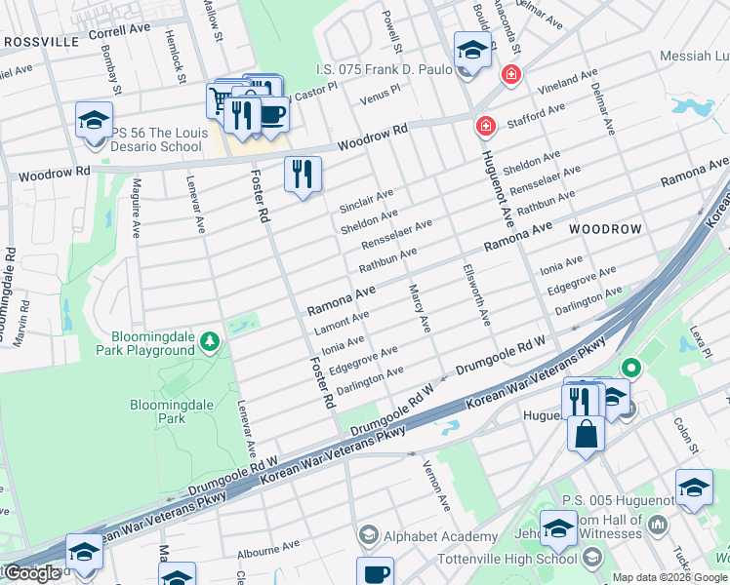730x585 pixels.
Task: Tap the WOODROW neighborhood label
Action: click(605, 228)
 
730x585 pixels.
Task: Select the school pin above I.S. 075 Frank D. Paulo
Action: click(471, 48)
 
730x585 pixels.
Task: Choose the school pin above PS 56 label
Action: click(95, 120)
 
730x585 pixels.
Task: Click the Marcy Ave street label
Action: click(420, 309)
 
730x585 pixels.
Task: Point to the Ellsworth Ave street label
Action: click(475, 296)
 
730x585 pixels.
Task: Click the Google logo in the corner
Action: click(32, 573)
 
